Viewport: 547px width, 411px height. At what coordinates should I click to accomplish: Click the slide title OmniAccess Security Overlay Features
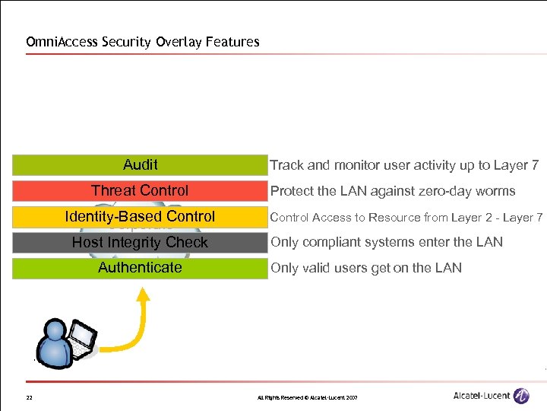point(143,42)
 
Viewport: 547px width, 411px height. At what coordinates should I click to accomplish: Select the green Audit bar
point(140,165)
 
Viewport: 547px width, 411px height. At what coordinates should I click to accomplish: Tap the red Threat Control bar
point(140,191)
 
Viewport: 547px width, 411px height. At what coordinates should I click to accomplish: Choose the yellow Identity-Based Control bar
point(140,217)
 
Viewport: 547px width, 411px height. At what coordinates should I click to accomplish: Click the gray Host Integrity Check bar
point(140,243)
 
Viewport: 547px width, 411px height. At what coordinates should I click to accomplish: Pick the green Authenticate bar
point(140,268)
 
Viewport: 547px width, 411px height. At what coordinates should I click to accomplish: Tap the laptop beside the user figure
point(82,337)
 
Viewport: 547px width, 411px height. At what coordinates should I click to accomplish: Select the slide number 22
point(29,398)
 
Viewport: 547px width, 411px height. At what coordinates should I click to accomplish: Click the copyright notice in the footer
point(307,398)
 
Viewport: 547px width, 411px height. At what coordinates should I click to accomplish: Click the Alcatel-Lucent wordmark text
point(481,396)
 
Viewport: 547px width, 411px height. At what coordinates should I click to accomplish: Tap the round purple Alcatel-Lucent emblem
point(521,396)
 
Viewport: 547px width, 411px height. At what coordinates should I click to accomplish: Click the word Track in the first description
point(286,165)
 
